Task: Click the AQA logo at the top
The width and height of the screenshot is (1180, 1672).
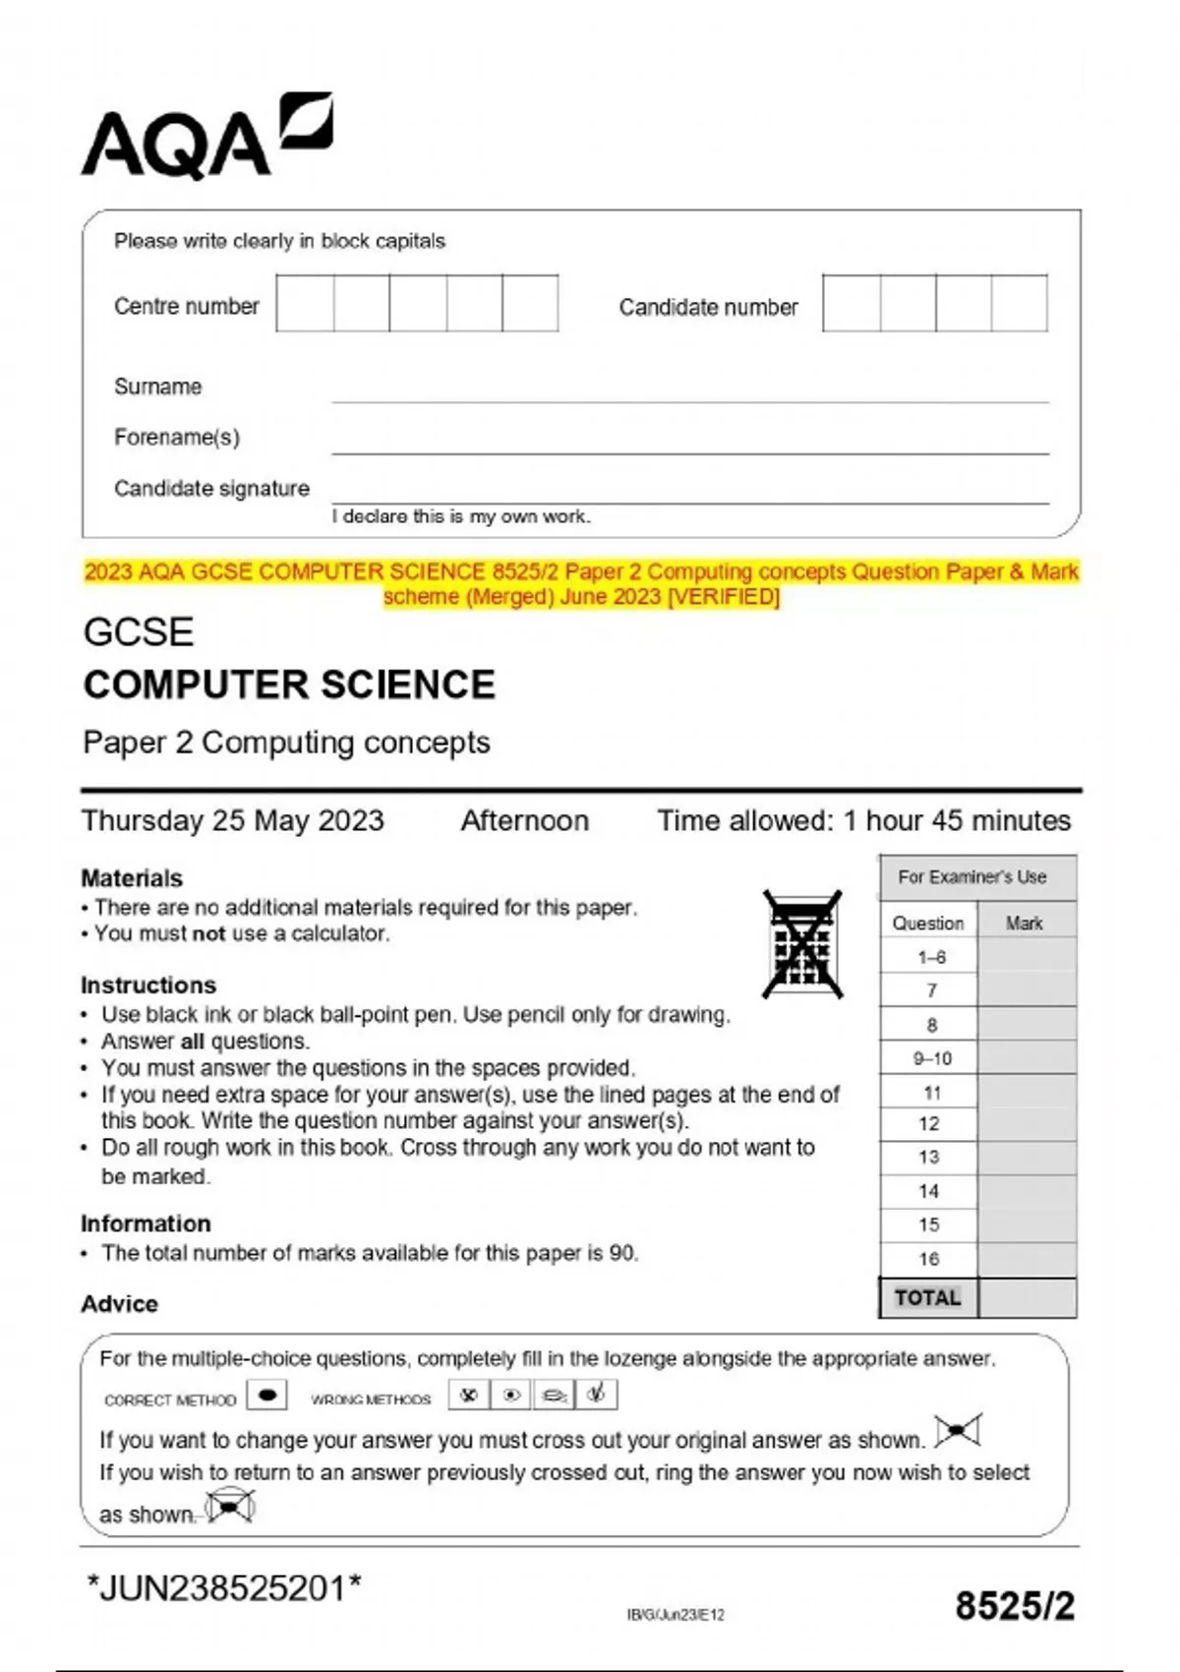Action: tap(206, 139)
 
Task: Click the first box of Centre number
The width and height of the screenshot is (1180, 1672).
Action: tap(305, 304)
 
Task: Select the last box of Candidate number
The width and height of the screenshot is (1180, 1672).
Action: tap(1019, 304)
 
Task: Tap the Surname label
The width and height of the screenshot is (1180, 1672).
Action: tap(157, 387)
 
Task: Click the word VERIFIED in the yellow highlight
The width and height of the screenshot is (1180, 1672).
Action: tap(724, 597)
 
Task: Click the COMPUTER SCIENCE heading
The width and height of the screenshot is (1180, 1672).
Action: tap(289, 686)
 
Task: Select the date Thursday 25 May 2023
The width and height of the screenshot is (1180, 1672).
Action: tap(232, 820)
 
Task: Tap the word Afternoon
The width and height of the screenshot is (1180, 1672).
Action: tap(525, 820)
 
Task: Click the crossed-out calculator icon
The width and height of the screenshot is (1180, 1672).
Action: tap(802, 944)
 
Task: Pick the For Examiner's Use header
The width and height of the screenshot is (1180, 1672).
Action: tap(972, 877)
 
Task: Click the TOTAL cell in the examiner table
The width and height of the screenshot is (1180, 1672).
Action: tap(927, 1298)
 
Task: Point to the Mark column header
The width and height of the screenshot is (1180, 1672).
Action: tap(1024, 924)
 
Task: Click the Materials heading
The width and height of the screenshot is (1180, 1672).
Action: tap(132, 878)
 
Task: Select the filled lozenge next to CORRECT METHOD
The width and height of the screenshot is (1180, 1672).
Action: tap(266, 1395)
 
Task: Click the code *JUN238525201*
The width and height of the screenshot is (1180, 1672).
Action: tap(224, 1587)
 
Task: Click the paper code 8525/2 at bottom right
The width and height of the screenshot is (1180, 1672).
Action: tap(1014, 1606)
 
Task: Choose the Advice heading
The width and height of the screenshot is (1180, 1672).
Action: tap(119, 1304)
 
